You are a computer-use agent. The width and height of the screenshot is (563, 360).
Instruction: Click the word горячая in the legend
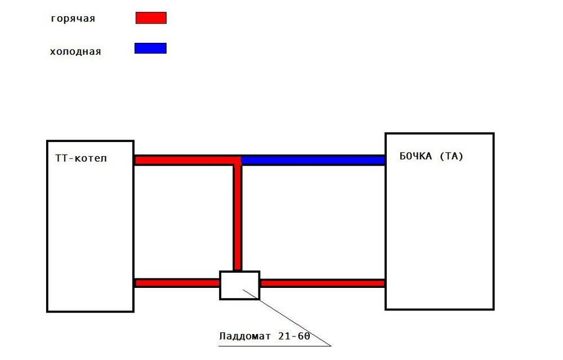[73, 19]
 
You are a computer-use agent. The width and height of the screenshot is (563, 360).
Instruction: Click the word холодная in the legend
[75, 51]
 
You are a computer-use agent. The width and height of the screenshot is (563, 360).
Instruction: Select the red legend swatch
[151, 18]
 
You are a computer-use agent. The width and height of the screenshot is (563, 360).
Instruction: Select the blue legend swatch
[150, 48]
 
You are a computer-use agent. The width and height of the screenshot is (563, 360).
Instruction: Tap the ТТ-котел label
[81, 158]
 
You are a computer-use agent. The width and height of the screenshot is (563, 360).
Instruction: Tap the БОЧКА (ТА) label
[432, 156]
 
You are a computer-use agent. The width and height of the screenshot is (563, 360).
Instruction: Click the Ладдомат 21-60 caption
[265, 336]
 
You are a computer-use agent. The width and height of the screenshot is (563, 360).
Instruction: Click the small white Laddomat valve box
[239, 285]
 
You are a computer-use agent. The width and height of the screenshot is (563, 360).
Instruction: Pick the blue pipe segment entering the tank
[313, 160]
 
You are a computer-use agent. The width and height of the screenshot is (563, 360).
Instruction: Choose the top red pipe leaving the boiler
[187, 160]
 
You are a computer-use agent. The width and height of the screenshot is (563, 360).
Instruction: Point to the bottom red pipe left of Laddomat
[177, 283]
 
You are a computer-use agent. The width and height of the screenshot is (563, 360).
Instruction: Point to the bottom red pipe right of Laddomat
[323, 283]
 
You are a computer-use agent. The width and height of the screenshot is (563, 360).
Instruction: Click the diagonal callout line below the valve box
[287, 318]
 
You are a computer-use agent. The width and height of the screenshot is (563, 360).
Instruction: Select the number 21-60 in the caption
[294, 336]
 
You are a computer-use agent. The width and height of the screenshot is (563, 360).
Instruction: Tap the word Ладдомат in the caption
[245, 337]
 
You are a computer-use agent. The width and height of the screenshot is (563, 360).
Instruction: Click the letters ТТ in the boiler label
[61, 158]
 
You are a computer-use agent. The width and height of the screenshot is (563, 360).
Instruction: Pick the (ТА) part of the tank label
[452, 156]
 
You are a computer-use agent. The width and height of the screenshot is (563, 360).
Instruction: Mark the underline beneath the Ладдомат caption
[275, 346]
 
